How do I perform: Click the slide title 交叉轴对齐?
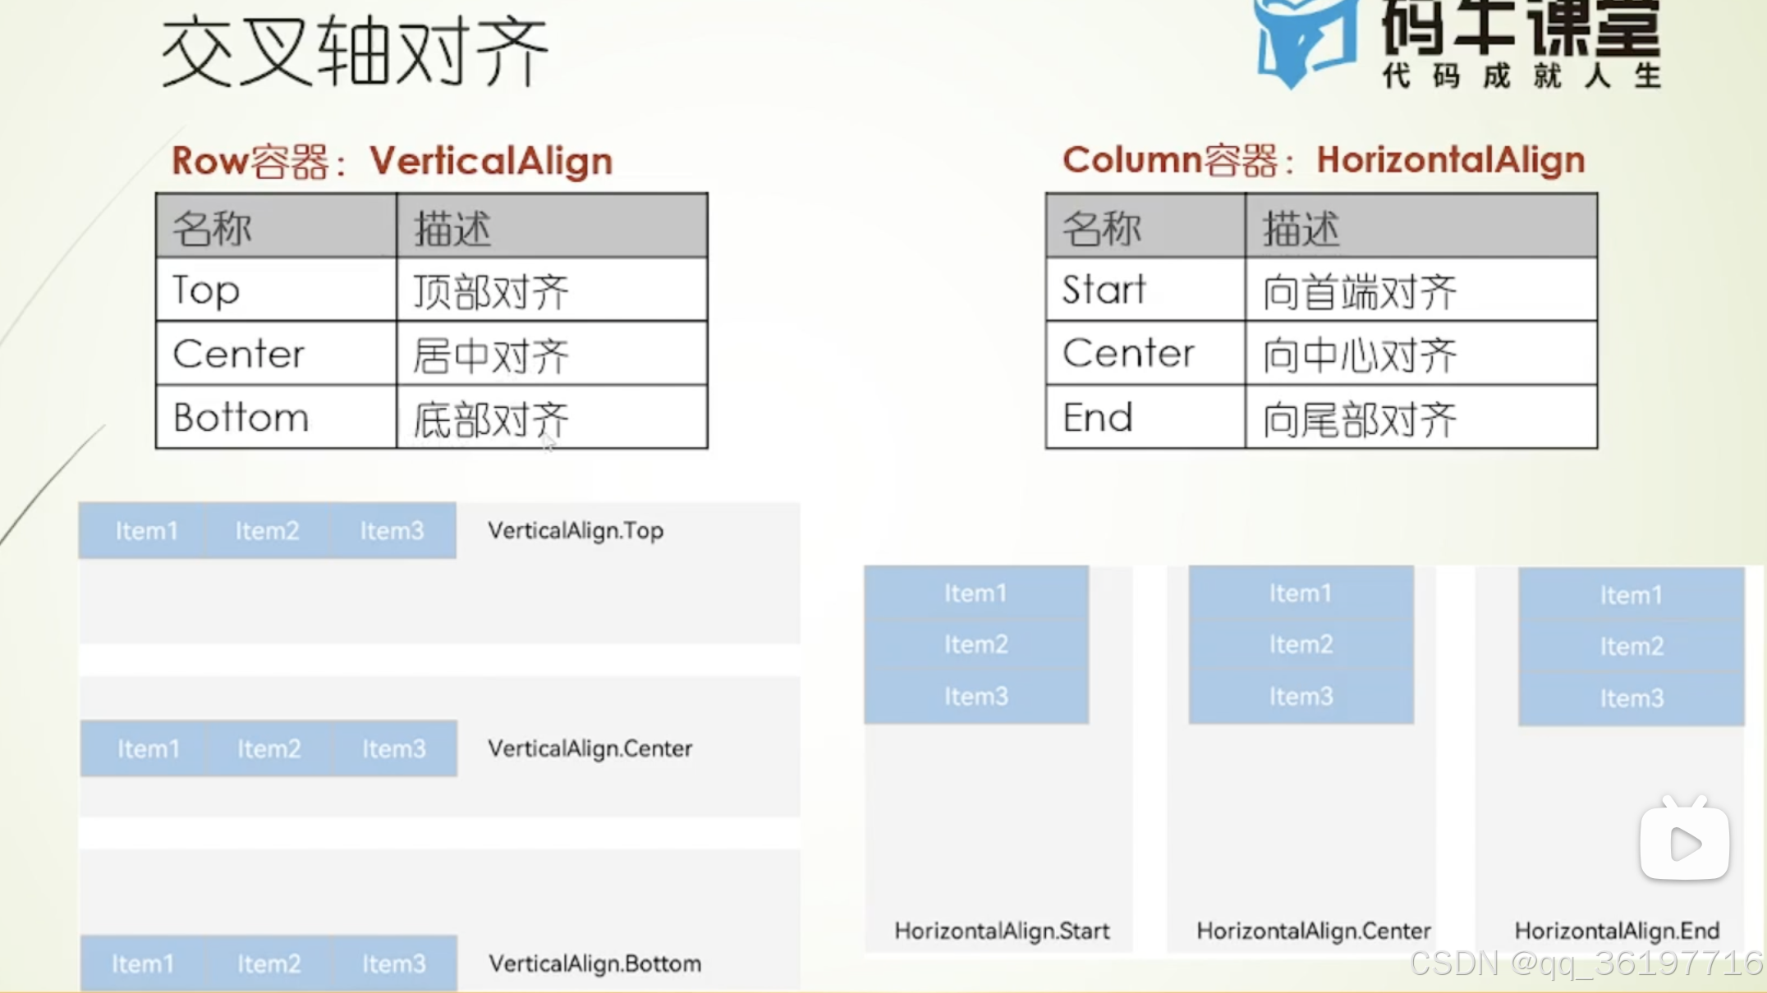[354, 52]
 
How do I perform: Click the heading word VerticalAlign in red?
[491, 161]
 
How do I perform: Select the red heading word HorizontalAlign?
[1450, 160]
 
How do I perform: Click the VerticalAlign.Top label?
[576, 531]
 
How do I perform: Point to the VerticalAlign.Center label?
[590, 748]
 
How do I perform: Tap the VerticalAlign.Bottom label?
[594, 963]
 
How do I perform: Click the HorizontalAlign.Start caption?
[1002, 931]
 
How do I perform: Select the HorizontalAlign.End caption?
[1617, 931]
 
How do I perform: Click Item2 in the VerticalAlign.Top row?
[267, 531]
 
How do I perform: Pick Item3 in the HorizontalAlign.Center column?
[1301, 697]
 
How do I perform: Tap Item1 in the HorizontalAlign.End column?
[1631, 595]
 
